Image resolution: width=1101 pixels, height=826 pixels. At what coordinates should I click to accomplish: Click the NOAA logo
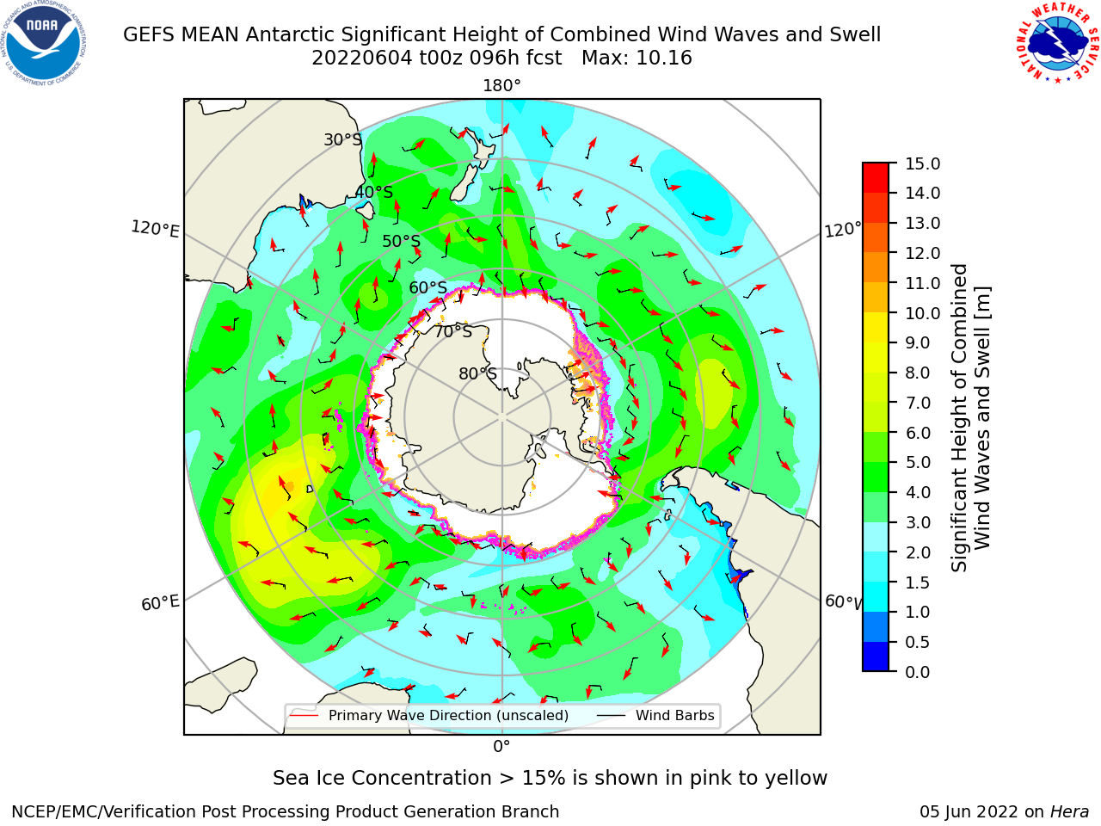(x=44, y=44)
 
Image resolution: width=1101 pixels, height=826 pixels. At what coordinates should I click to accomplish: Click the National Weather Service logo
(x=1057, y=43)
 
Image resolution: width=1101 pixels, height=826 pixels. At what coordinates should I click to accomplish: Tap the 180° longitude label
(x=501, y=86)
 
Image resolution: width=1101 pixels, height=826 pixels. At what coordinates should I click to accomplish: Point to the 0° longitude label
(x=501, y=747)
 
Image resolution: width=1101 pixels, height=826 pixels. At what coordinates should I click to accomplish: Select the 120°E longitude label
(x=155, y=229)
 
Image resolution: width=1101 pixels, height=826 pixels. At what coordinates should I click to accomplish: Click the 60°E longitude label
(x=160, y=602)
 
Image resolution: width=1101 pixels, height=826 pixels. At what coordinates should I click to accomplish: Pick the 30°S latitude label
(x=342, y=139)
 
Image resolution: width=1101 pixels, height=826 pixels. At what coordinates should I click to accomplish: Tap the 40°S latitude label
(x=374, y=192)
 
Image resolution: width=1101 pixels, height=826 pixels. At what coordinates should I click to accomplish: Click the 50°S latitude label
(x=402, y=241)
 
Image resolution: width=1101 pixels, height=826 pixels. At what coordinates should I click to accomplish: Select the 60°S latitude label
(x=427, y=287)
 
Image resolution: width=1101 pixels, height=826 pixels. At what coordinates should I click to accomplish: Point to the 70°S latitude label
(x=453, y=331)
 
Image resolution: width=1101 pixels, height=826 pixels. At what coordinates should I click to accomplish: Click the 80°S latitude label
(x=477, y=373)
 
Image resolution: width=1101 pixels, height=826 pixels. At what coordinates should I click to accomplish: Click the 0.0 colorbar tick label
(x=918, y=672)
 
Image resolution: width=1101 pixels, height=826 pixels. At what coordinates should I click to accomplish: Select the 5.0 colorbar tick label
(x=918, y=462)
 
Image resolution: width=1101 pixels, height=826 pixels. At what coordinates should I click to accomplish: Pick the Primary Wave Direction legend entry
(x=429, y=715)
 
